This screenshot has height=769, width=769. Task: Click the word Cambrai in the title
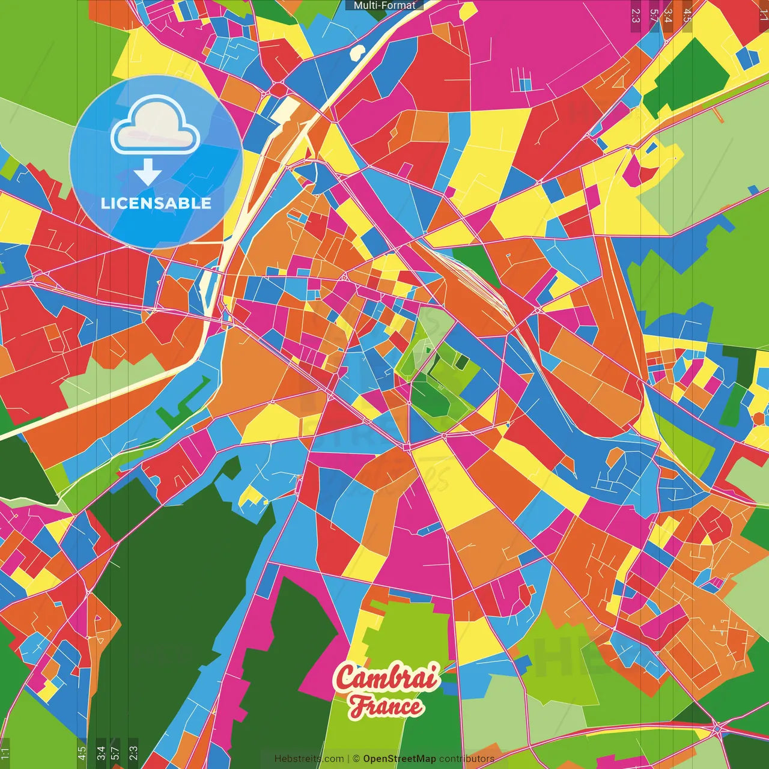click(x=387, y=678)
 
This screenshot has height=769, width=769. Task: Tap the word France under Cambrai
click(x=386, y=705)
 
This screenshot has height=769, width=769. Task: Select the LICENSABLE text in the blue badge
click(x=156, y=203)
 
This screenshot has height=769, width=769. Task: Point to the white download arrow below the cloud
click(x=148, y=173)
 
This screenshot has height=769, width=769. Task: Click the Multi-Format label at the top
click(x=384, y=5)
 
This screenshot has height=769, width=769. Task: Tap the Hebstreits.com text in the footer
click(x=309, y=759)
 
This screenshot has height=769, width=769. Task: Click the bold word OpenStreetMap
click(x=399, y=759)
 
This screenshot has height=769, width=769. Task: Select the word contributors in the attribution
click(x=467, y=759)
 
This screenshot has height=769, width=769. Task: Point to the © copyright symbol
click(x=356, y=759)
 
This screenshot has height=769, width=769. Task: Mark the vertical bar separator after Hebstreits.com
click(x=348, y=759)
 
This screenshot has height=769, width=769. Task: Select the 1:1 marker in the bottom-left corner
click(x=5, y=753)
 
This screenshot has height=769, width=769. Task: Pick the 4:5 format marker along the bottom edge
click(x=82, y=753)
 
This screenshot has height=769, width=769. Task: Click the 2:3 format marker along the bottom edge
click(x=133, y=753)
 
